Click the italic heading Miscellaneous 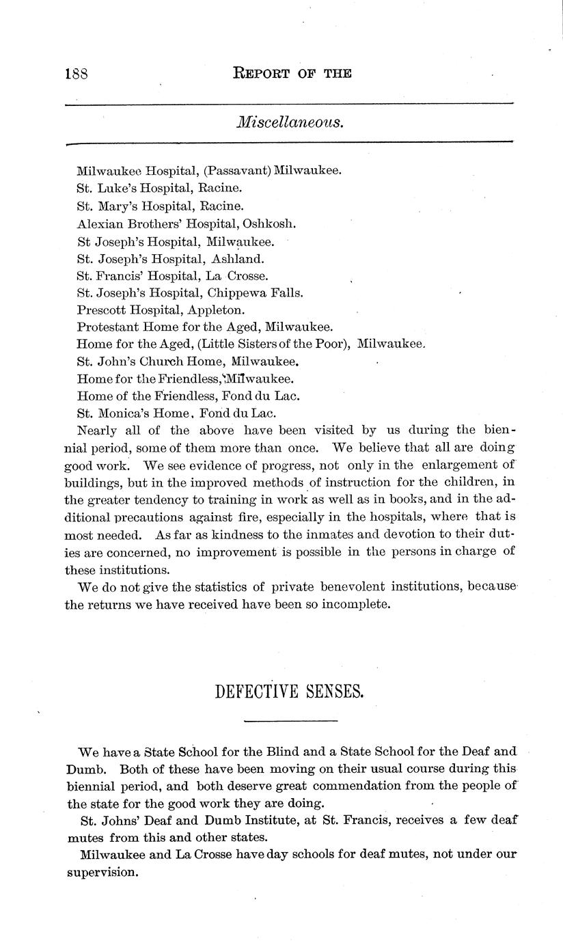[x=289, y=122]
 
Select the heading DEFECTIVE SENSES [x=289, y=692]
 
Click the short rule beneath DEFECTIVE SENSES [x=290, y=721]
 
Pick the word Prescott [x=100, y=310]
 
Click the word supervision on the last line [x=102, y=873]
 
